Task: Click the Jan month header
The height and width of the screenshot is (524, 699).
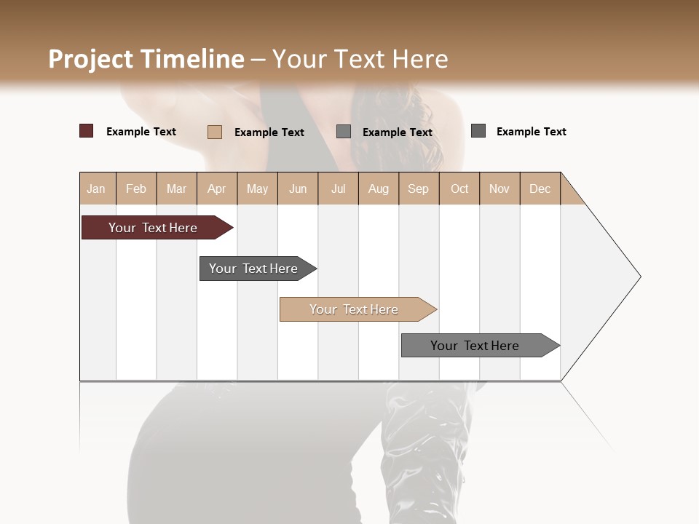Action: (97, 188)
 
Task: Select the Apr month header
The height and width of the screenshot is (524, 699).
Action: (217, 188)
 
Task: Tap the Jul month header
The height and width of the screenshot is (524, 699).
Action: (338, 188)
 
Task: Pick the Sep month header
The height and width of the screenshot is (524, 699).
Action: (418, 188)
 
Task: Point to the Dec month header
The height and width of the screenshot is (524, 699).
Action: (540, 188)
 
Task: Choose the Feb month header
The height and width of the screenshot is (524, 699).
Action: (136, 188)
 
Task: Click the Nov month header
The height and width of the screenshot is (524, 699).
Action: (499, 188)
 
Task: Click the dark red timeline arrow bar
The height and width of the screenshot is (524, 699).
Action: (153, 228)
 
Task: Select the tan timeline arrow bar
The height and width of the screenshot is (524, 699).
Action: (355, 309)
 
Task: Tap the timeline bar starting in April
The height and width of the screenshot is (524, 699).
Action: (254, 269)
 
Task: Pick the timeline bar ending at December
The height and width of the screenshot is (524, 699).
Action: (475, 346)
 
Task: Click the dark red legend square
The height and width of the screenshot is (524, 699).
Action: (86, 131)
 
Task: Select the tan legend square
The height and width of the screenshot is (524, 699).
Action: (214, 132)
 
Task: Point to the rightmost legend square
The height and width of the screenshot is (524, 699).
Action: (478, 131)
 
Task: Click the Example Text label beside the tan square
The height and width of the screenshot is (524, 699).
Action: (269, 132)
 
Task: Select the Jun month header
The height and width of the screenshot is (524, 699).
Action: (298, 188)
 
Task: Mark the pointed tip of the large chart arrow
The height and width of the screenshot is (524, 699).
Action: (639, 277)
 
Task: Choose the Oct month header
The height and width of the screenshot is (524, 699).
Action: (459, 188)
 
